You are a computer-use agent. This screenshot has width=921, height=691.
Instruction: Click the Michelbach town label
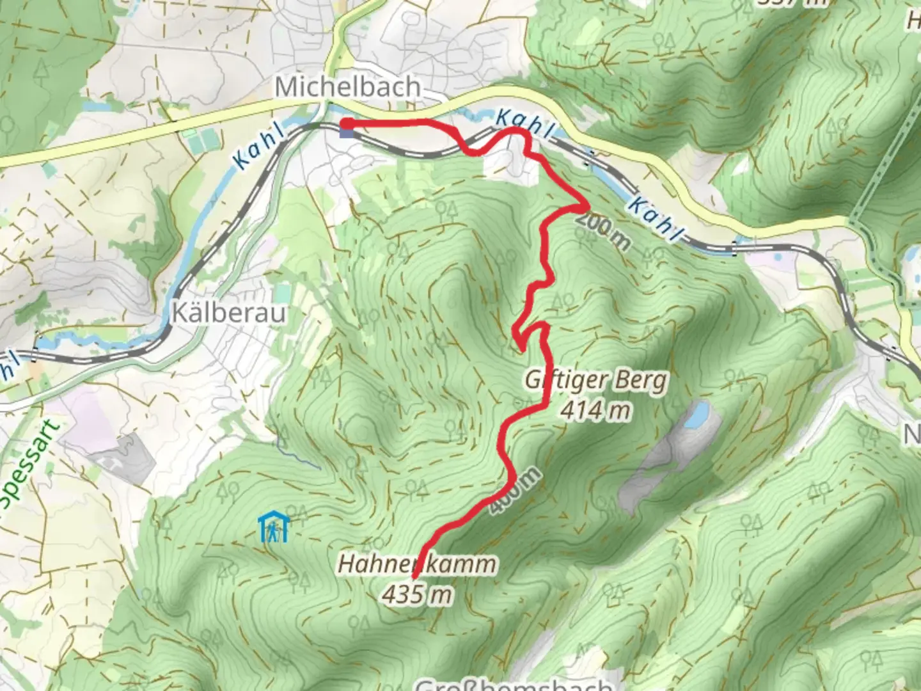pyautogui.click(x=348, y=87)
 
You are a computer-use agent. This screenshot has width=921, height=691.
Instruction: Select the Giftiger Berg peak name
pyautogui.click(x=596, y=381)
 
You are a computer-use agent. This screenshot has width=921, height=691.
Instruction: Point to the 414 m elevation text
pyautogui.click(x=596, y=410)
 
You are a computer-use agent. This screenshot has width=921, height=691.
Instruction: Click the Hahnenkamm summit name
pyautogui.click(x=416, y=565)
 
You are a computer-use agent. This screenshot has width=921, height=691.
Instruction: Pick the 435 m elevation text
pyautogui.click(x=416, y=595)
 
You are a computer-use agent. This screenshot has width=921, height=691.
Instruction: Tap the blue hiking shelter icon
pyautogui.click(x=274, y=527)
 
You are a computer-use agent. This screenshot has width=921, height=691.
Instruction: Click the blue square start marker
pyautogui.click(x=346, y=132)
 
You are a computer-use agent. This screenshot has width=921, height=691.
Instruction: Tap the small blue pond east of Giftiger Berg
pyautogui.click(x=695, y=415)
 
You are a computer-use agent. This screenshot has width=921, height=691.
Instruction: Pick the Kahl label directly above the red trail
pyautogui.click(x=523, y=124)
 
